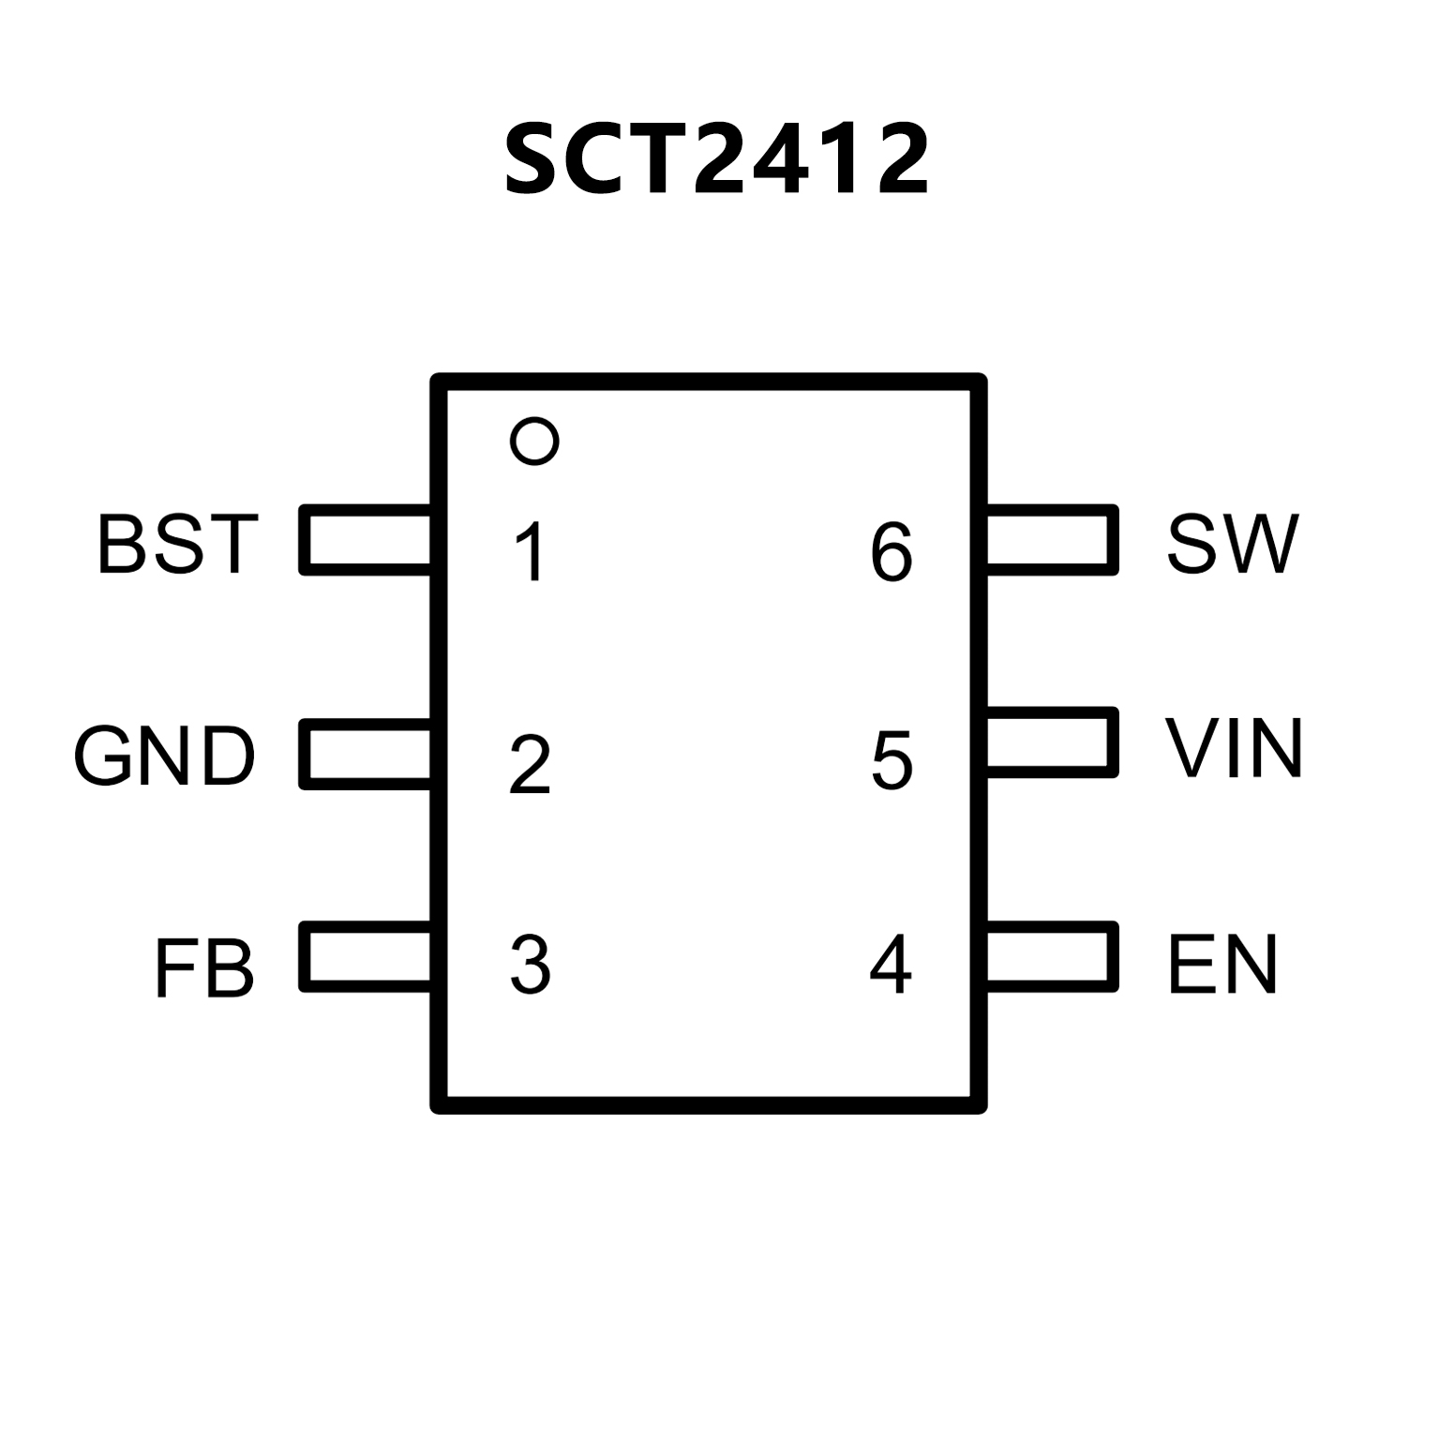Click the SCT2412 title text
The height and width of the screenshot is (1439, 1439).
point(717,160)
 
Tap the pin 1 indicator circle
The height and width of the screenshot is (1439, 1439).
point(534,440)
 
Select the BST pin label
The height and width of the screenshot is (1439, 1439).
point(177,544)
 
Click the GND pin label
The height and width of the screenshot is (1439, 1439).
point(164,756)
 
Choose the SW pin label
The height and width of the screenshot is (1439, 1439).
point(1233,544)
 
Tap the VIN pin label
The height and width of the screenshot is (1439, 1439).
point(1234,748)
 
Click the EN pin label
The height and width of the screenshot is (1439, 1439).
point(1222,965)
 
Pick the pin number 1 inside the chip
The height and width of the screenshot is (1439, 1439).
point(531,552)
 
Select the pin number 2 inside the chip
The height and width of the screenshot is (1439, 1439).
point(530,765)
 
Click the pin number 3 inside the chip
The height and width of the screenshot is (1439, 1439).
point(530,965)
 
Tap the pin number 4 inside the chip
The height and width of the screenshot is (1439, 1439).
point(890,965)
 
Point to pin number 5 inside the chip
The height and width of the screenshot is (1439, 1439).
point(892,759)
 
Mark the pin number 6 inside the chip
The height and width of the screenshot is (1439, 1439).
point(892,552)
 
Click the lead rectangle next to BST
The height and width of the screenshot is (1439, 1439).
point(366,540)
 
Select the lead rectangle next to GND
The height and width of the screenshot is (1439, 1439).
point(366,754)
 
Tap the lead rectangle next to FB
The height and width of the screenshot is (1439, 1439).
point(366,957)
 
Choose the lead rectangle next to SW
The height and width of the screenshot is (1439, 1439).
point(1052,539)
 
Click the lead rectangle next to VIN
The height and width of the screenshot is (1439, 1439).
point(1052,742)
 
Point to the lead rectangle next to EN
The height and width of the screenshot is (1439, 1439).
point(1052,957)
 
